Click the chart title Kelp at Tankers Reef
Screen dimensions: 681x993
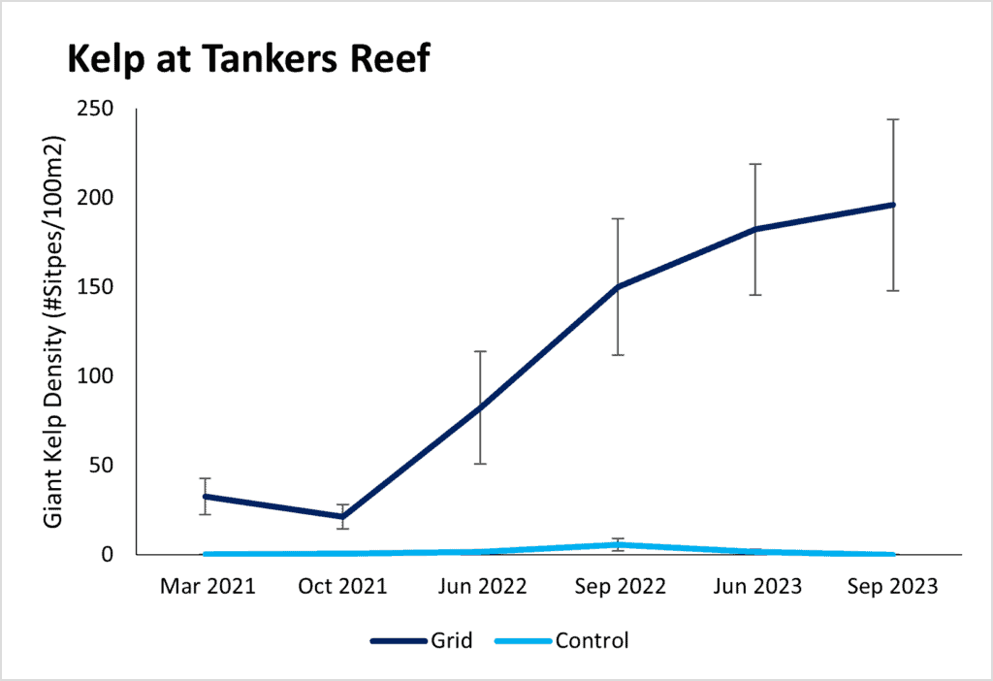[248, 61]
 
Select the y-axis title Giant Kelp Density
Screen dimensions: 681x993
[55, 332]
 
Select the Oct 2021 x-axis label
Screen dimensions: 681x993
[342, 588]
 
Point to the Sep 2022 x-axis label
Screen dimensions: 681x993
[618, 588]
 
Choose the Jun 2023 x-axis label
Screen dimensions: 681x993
[755, 588]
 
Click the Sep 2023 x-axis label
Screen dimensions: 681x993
[893, 588]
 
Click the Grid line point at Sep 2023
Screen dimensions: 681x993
[893, 205]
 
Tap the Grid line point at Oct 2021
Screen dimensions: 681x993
[342, 517]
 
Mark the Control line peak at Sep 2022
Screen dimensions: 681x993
[618, 544]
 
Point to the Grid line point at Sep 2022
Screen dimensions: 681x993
[618, 287]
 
